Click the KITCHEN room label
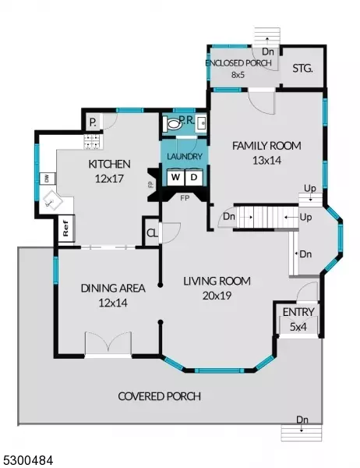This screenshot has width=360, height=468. click(x=109, y=164)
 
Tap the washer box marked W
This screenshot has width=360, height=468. click(x=175, y=177)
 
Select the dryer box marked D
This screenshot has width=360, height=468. click(x=194, y=177)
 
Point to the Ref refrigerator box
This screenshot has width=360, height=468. click(x=66, y=229)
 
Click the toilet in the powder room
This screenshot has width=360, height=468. click(x=172, y=124)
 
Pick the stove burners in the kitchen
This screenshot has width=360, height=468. click(x=93, y=141)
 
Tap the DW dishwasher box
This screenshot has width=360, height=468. click(x=47, y=179)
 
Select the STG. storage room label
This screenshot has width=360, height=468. click(x=302, y=69)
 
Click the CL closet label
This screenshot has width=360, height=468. click(x=152, y=233)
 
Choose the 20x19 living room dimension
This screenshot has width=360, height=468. click(x=217, y=296)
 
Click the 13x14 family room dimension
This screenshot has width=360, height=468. click(x=266, y=161)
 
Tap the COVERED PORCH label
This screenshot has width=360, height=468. click(x=160, y=396)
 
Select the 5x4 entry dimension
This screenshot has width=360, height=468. click(x=298, y=327)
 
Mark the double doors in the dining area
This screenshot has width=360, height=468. click(x=108, y=344)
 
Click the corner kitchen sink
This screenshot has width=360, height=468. click(x=53, y=200)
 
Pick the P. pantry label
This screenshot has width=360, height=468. click(x=93, y=122)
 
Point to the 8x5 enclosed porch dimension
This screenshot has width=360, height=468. click(x=238, y=75)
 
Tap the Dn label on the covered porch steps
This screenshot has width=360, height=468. click(x=302, y=420)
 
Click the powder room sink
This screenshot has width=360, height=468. click(x=201, y=122)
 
